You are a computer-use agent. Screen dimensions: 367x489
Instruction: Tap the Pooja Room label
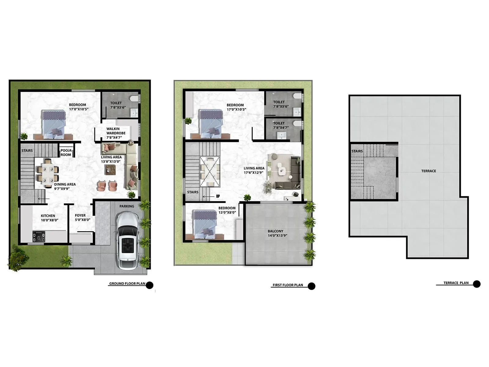pos(66,153)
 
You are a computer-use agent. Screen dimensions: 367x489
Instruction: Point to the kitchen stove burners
pos(39,237)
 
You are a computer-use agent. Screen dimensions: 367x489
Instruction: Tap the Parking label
pos(127,206)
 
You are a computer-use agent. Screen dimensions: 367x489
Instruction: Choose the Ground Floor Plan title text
pos(127,284)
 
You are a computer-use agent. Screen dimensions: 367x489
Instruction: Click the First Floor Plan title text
pos(288,285)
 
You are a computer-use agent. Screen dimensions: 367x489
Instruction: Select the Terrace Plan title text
pos(456,283)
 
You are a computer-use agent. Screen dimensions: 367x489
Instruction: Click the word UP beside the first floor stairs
pos(218,196)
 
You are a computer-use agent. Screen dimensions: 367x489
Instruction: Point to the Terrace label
pos(428,171)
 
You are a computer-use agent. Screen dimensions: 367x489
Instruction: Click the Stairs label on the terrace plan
pos(357,151)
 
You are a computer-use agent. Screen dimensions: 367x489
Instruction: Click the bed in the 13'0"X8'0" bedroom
pos(205,224)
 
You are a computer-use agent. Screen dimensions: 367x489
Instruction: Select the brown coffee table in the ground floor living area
pos(110,169)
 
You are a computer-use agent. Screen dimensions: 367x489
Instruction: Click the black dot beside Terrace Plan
pos(476,284)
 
